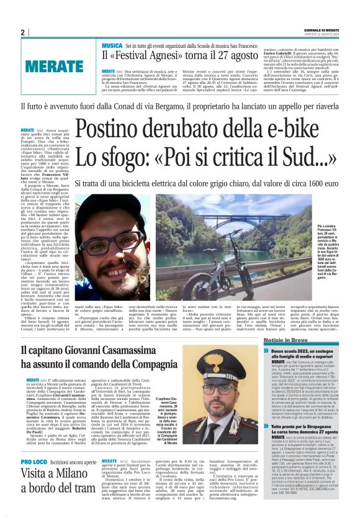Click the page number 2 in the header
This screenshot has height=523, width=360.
[x=22, y=33]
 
